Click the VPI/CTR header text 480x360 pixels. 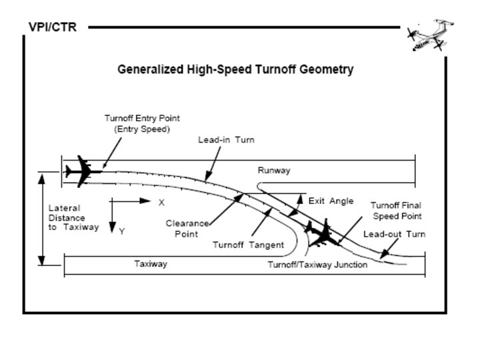[x=53, y=27]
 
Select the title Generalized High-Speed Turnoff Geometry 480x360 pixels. [x=235, y=69]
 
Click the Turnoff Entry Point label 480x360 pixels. [x=141, y=123]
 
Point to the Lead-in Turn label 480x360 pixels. [x=226, y=140]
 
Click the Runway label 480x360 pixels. [x=274, y=171]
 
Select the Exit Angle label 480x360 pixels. [x=331, y=201]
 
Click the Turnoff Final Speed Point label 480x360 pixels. [x=396, y=211]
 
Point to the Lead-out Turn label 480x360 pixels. [x=394, y=234]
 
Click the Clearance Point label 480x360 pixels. [x=187, y=229]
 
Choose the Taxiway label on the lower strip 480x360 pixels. [x=151, y=264]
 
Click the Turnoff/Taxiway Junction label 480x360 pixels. [x=317, y=265]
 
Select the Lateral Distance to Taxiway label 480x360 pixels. [x=73, y=217]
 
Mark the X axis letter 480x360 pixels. [x=161, y=201]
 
